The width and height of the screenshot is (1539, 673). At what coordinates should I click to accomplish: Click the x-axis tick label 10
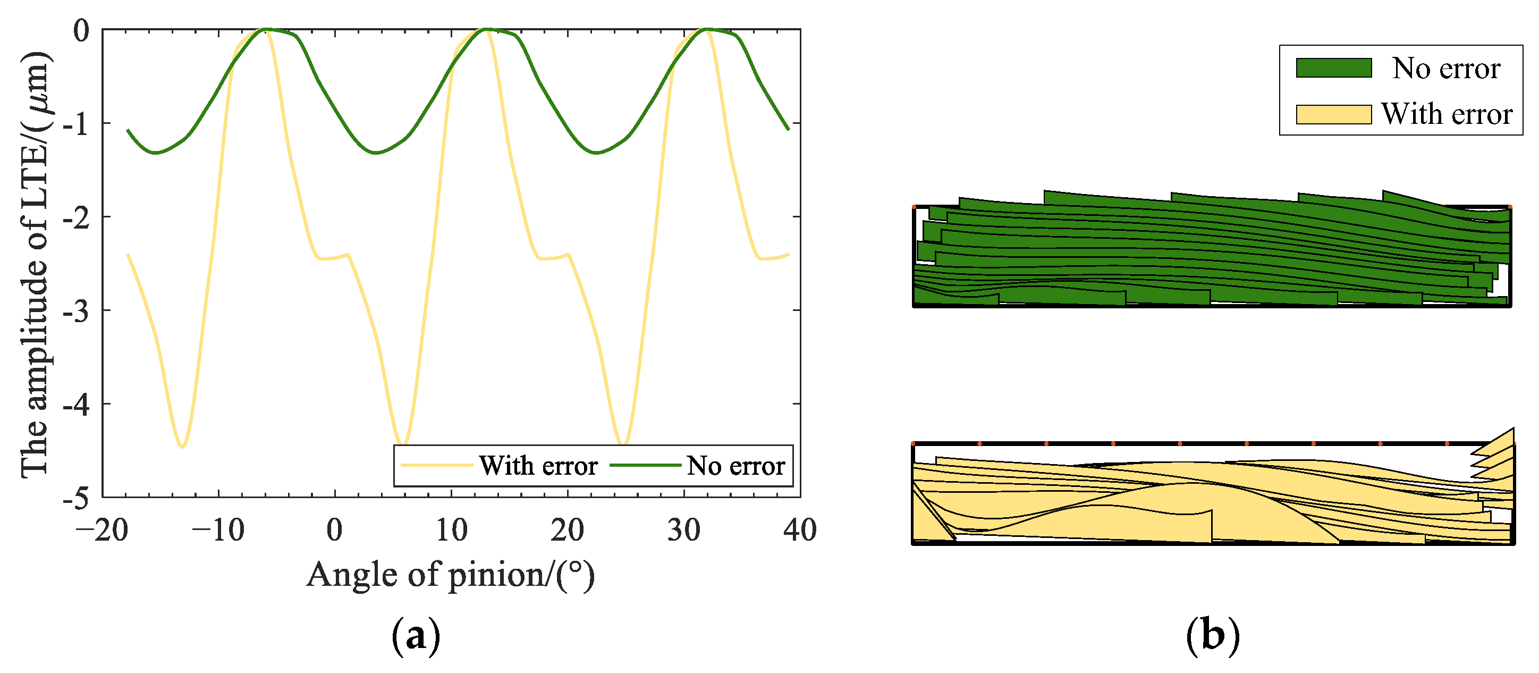click(451, 530)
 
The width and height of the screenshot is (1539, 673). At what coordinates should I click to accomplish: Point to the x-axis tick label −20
click(102, 530)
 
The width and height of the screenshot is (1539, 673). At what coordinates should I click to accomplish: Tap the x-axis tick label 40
click(799, 530)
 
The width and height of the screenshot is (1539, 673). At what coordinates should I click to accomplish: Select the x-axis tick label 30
click(683, 530)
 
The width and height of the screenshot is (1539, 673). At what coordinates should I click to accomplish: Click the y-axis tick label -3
click(76, 311)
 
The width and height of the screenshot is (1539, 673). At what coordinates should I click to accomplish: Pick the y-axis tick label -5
click(76, 497)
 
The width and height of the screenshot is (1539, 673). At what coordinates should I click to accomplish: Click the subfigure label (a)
click(416, 636)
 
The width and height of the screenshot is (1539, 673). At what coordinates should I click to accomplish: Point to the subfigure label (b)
click(1213, 635)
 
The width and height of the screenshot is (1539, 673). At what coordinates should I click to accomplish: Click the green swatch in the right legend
click(1333, 68)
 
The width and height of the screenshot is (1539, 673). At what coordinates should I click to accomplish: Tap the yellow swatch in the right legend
click(1333, 114)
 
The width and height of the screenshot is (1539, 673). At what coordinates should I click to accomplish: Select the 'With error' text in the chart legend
click(538, 466)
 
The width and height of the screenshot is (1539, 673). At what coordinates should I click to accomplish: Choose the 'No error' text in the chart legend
click(735, 466)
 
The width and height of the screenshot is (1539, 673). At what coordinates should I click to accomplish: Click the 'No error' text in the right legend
click(1446, 68)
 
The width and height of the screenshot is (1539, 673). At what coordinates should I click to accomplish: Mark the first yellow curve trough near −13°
click(183, 447)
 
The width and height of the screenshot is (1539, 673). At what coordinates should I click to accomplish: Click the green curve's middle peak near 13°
click(486, 29)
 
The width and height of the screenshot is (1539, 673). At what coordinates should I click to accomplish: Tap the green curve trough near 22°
click(596, 153)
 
